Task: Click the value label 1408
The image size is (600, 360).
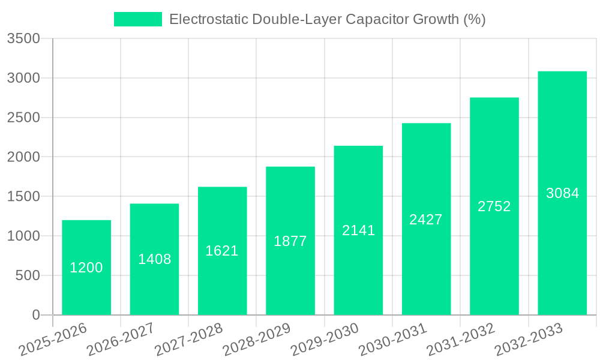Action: [x=155, y=259]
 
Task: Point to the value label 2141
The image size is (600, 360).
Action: [x=358, y=230]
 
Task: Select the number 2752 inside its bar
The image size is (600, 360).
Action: [x=494, y=206]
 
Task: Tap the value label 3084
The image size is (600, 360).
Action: [x=562, y=193]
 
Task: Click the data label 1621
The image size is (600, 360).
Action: [x=222, y=251]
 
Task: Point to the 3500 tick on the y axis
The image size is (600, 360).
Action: [x=23, y=39]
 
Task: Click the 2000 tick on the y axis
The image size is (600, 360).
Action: [x=23, y=157]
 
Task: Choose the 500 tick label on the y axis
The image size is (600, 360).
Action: [x=28, y=276]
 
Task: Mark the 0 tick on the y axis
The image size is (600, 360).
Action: [x=35, y=315]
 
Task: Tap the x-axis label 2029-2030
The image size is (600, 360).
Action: [x=325, y=340]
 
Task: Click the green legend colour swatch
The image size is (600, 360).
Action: [x=138, y=19]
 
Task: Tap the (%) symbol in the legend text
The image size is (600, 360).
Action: [x=474, y=19]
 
